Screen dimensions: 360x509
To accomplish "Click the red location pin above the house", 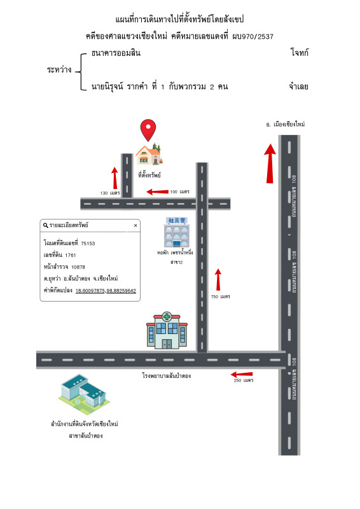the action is [148, 130].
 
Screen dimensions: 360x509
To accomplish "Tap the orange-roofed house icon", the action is [149, 154].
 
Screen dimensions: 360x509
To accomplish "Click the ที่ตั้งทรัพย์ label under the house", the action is [149, 175].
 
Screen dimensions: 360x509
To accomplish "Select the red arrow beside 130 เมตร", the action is [114, 178].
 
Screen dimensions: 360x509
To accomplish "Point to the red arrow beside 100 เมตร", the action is [158, 192].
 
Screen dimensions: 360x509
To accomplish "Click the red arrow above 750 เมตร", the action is [218, 279].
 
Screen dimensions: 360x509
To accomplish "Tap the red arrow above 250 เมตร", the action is [242, 374].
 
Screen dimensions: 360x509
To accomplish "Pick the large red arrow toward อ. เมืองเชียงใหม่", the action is [270, 164].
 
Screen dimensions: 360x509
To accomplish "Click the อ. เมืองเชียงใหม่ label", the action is [286, 124].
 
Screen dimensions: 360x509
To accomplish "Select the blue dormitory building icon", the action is [177, 232].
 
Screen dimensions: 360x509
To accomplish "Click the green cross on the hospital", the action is [167, 316].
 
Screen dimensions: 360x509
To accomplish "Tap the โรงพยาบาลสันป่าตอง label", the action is [166, 375].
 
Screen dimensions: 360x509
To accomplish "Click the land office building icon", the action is [84, 394].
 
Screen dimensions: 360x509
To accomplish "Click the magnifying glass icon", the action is [46, 225].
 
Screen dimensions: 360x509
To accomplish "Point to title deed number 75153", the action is [88, 244].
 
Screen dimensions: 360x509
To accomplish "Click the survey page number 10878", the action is [78, 267].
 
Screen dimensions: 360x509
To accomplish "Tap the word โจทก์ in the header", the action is [300, 53].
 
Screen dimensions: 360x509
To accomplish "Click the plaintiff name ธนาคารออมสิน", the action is [116, 53].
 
